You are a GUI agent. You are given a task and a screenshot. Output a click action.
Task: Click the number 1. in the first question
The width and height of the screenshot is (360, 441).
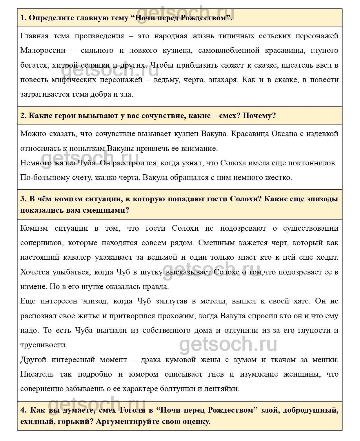point(23,18)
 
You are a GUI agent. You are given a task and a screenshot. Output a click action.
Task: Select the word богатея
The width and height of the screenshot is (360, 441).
point(34,65)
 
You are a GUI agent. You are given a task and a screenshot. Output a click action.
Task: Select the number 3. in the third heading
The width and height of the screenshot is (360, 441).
point(24,199)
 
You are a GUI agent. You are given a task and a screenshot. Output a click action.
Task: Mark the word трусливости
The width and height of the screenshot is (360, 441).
point(44,345)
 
